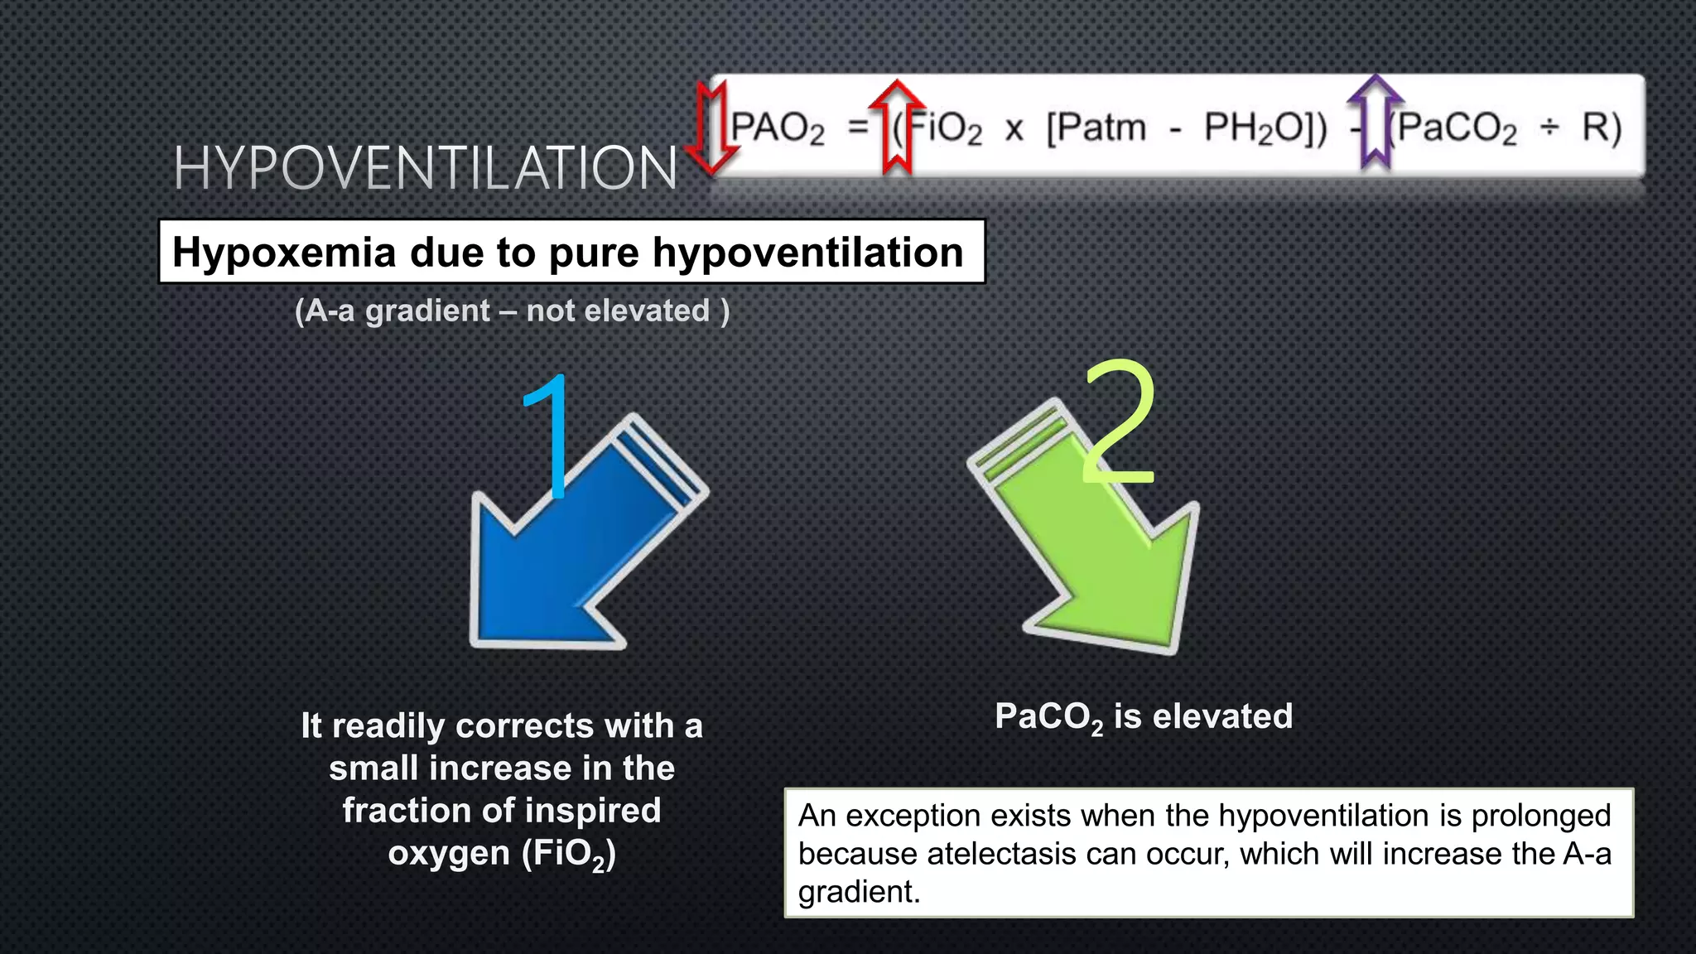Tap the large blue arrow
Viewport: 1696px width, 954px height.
click(571, 555)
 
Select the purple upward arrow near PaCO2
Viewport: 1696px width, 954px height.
click(1375, 122)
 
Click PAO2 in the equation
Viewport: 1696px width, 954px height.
click(778, 129)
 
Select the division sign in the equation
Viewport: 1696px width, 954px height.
click(1549, 128)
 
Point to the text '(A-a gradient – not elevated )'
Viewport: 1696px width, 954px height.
click(512, 311)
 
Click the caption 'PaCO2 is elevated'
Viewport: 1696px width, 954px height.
click(1144, 717)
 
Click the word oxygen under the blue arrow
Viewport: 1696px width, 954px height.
click(449, 854)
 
